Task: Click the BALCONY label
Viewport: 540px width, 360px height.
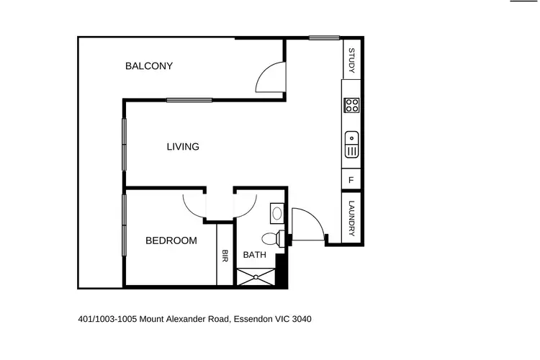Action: click(x=149, y=66)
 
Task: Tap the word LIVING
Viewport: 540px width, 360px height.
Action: click(x=183, y=147)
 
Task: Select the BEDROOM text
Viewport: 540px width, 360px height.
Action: click(x=171, y=240)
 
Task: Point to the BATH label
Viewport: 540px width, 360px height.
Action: click(x=254, y=255)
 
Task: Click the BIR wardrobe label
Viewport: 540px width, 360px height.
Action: click(x=225, y=256)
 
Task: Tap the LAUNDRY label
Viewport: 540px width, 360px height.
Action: click(x=352, y=217)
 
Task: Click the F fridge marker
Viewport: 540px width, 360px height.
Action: click(x=351, y=180)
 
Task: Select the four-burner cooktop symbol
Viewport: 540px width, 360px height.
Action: click(x=352, y=106)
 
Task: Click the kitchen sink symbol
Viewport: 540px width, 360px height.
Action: click(x=352, y=144)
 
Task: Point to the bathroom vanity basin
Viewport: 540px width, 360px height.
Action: click(x=277, y=213)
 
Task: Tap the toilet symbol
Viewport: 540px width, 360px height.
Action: click(x=272, y=238)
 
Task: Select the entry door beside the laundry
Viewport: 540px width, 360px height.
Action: click(x=306, y=223)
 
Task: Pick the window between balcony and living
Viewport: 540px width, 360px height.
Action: click(x=189, y=100)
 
